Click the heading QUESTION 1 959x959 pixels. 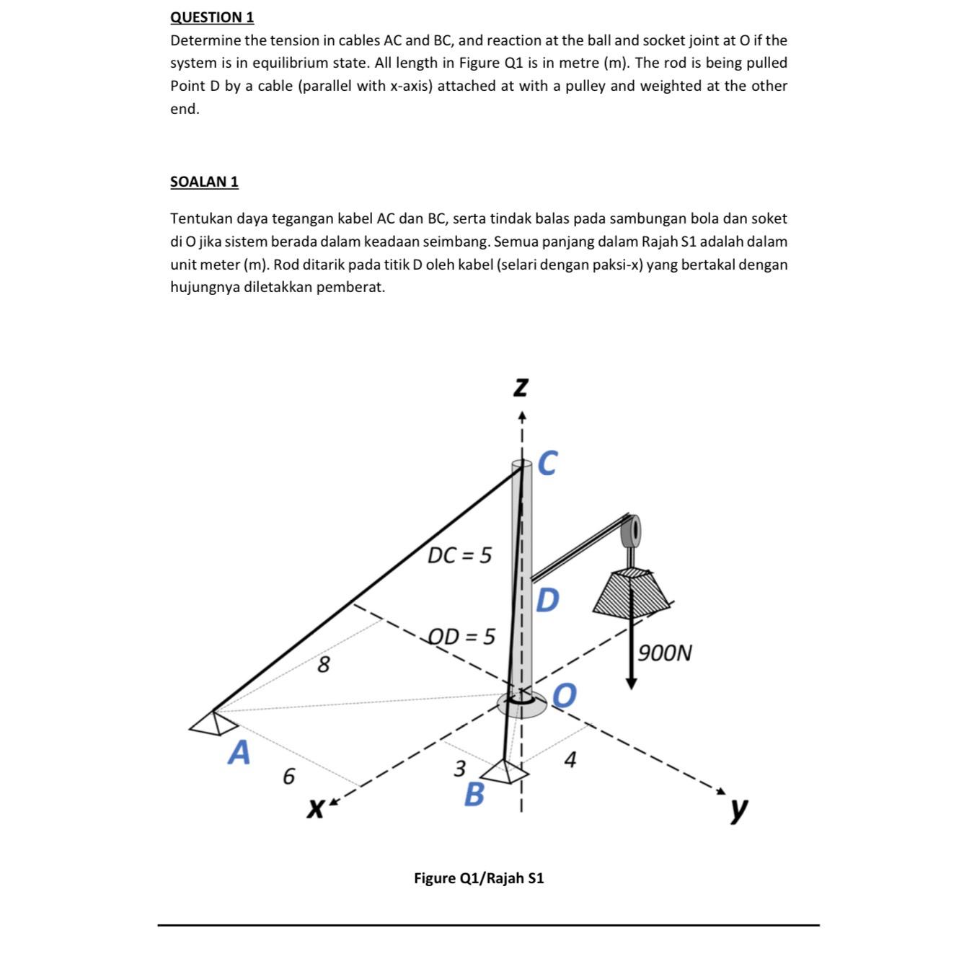tap(212, 17)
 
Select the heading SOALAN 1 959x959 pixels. tap(204, 182)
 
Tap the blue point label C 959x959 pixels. tap(547, 464)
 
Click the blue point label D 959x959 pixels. tap(547, 599)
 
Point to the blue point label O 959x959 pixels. tap(565, 695)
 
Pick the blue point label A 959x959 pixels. tap(239, 753)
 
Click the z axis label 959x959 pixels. tap(521, 388)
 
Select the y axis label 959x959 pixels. tap(738, 809)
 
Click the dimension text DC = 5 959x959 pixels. tap(459, 556)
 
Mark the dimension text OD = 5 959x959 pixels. tap(461, 637)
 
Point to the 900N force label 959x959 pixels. tap(665, 653)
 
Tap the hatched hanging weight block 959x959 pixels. tap(632, 591)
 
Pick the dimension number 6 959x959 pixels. tap(288, 777)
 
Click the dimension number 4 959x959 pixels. tap(570, 760)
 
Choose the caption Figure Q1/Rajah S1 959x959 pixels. tap(479, 878)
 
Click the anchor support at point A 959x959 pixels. tap(208, 723)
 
